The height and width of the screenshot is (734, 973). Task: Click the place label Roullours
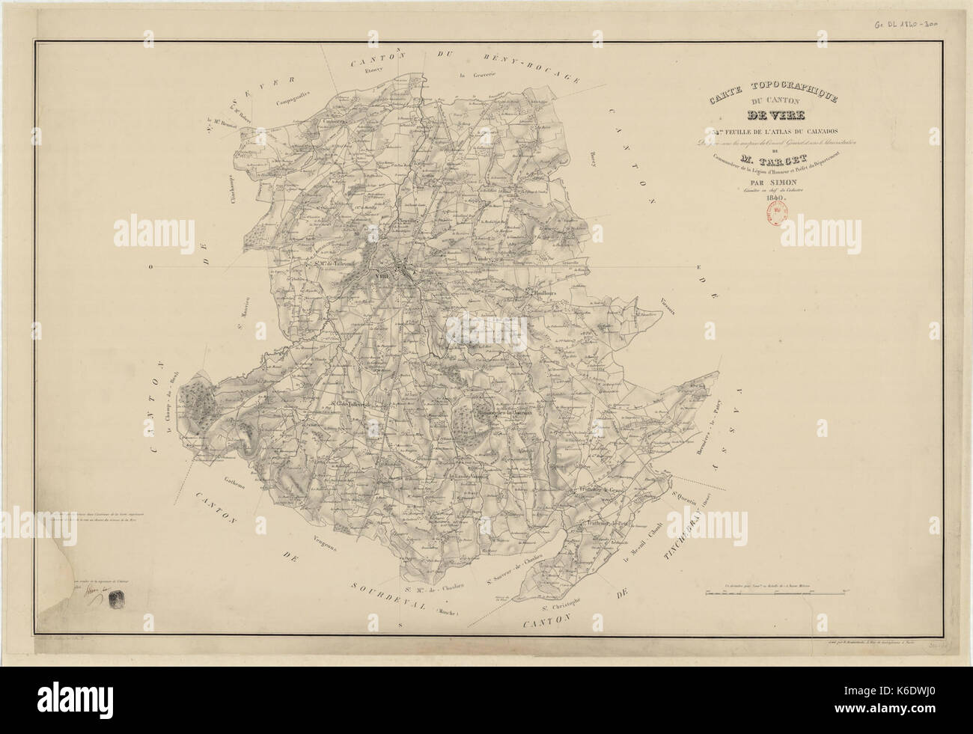pyautogui.click(x=546, y=293)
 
